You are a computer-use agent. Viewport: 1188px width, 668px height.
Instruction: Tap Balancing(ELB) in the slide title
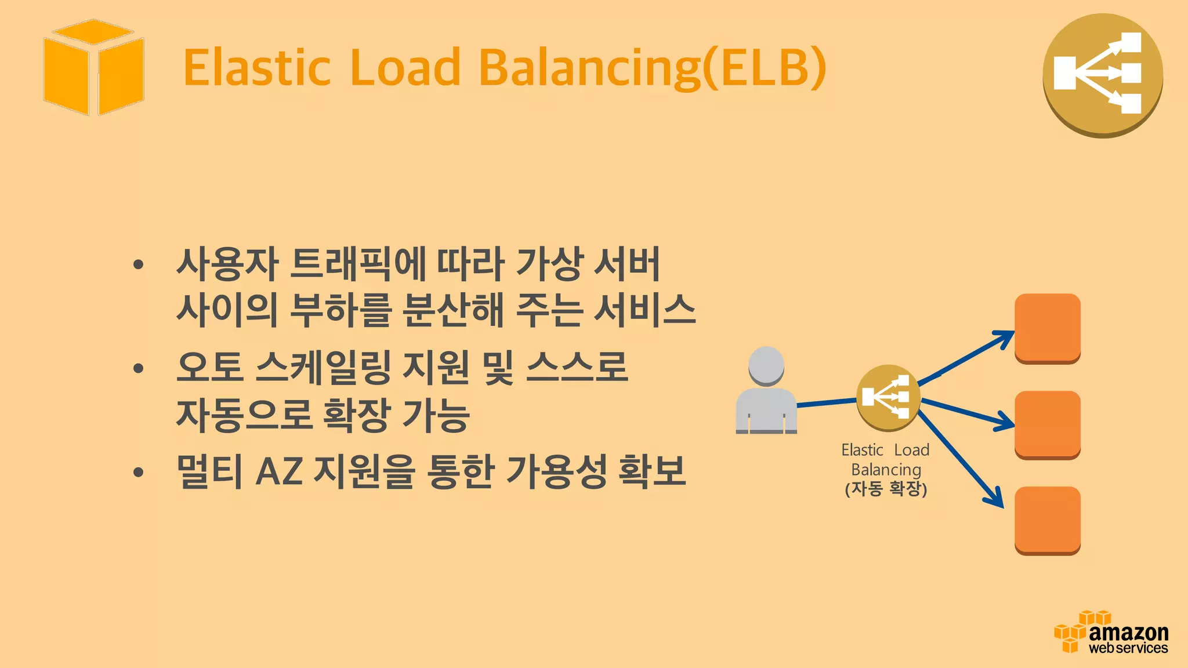(x=652, y=68)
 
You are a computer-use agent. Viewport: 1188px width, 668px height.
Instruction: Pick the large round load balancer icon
(x=1103, y=75)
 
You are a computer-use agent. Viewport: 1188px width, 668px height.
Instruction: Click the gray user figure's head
(x=766, y=365)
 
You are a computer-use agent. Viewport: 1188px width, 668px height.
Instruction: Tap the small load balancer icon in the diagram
(x=888, y=397)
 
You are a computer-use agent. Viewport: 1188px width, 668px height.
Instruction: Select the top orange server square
(x=1047, y=328)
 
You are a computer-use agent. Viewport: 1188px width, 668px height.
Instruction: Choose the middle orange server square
(x=1047, y=424)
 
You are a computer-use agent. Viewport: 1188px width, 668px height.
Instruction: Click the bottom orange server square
(x=1047, y=520)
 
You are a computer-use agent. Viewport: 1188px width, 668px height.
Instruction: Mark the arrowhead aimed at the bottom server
(x=996, y=499)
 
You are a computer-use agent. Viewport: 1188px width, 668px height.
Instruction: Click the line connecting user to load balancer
(x=827, y=402)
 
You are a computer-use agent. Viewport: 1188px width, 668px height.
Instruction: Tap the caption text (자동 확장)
(x=886, y=489)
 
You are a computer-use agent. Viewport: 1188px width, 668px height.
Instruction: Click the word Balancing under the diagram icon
(x=886, y=470)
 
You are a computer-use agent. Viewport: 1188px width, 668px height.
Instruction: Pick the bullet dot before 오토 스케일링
(x=138, y=368)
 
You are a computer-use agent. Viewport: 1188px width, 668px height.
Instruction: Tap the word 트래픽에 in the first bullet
(x=357, y=264)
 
